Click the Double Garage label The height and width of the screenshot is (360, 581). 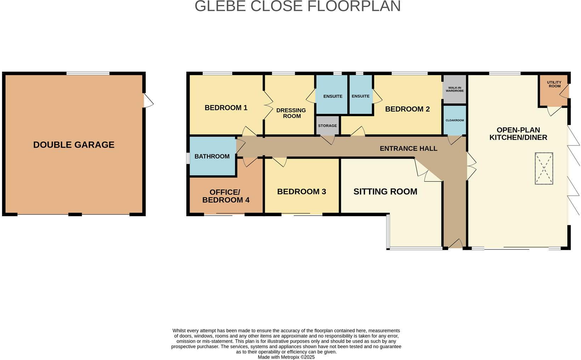74,145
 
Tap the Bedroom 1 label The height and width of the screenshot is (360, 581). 226,108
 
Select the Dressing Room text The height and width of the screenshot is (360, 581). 291,113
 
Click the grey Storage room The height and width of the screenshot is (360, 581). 327,125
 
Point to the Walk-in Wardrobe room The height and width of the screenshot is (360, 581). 455,89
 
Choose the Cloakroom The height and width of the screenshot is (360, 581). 455,120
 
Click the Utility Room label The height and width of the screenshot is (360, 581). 554,84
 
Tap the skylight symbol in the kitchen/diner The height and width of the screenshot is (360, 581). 544,168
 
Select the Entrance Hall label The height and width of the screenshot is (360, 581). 408,149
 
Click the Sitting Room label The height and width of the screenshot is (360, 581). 385,192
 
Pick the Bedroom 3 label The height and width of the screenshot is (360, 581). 301,192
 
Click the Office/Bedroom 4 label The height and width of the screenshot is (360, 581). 226,196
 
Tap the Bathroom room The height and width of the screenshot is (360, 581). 213,156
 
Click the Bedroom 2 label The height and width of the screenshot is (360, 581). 407,109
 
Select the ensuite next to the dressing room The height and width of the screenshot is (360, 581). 332,95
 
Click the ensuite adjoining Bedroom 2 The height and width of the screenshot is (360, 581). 361,95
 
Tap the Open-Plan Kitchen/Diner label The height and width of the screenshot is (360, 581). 518,134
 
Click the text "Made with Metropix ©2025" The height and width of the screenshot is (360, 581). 286,357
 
